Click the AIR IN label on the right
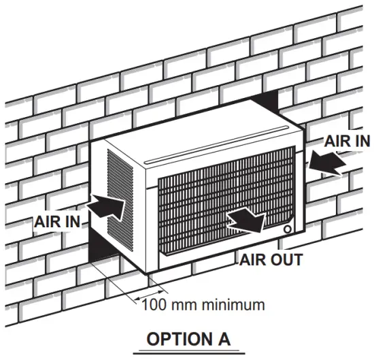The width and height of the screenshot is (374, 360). tap(346, 141)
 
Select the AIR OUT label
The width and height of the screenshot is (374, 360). tap(270, 259)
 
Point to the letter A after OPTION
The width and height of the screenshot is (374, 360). tap(224, 338)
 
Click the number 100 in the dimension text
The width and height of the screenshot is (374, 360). tap(151, 304)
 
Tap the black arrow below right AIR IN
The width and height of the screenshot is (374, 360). tap(325, 164)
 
